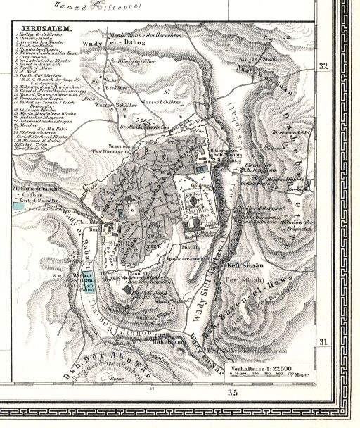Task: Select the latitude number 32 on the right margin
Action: coord(324,67)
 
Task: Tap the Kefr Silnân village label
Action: coord(244,267)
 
